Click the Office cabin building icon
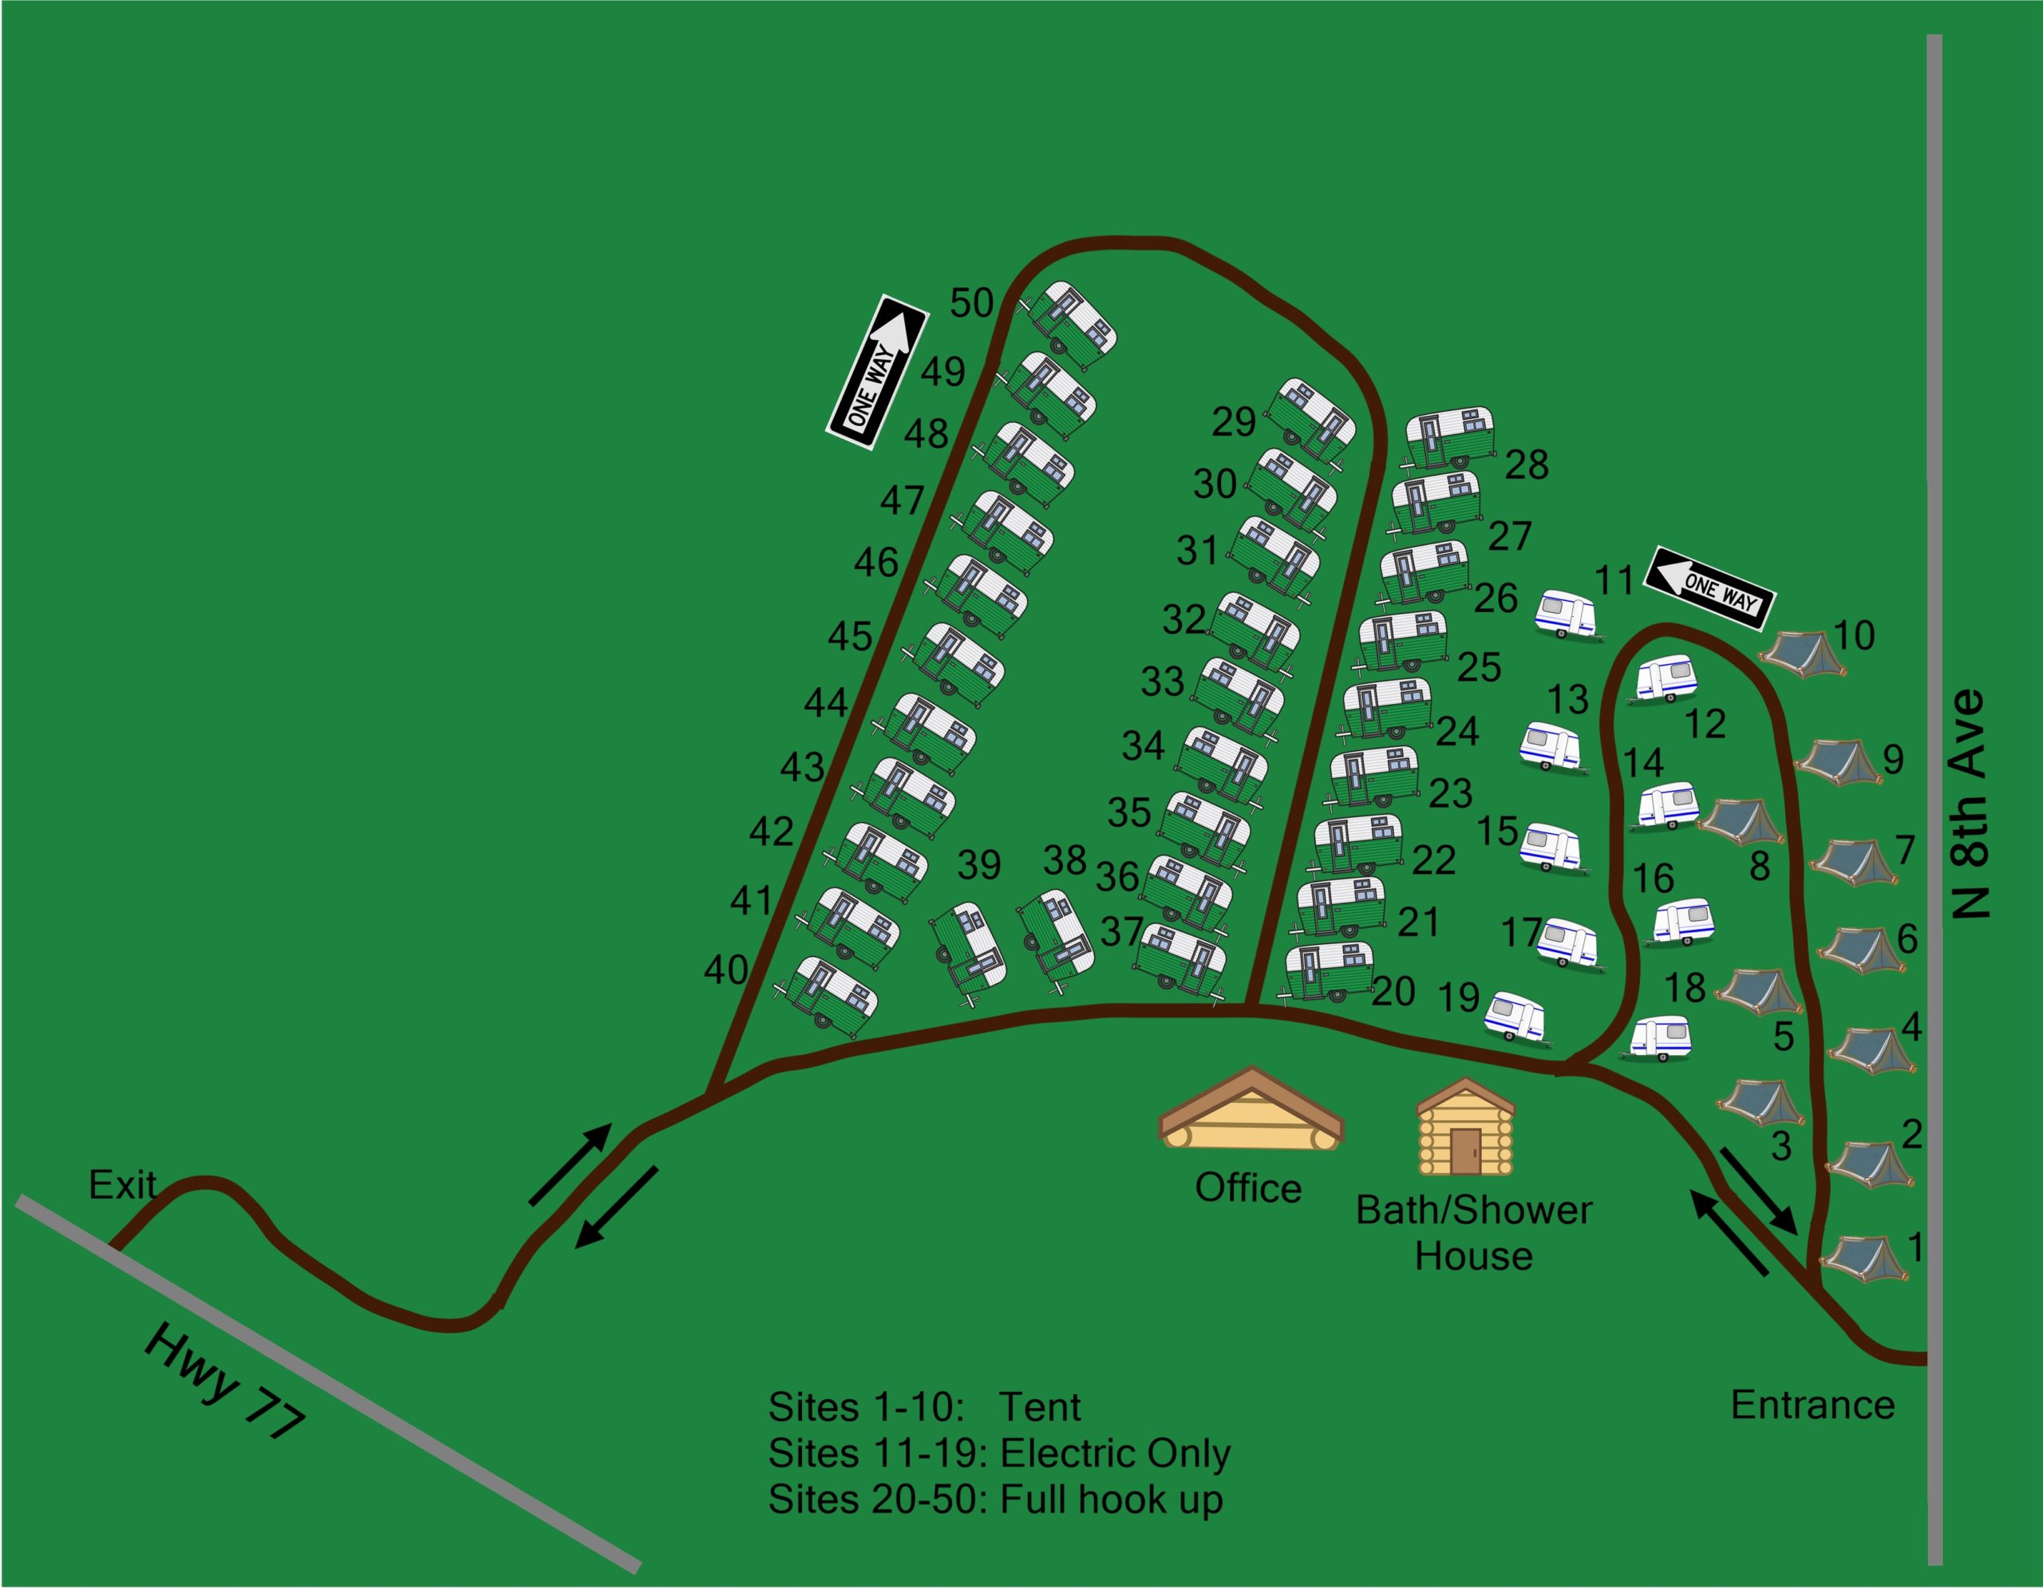click(1251, 1111)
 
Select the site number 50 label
click(971, 303)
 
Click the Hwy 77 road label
click(224, 1381)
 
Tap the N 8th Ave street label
click(1970, 804)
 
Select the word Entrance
click(1812, 1405)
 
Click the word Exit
click(121, 1185)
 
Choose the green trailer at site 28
click(1450, 437)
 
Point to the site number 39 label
click(978, 865)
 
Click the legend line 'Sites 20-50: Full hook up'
click(995, 1500)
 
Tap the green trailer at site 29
click(1310, 418)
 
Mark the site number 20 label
click(1393, 991)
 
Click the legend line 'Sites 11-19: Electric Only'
click(998, 1453)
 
